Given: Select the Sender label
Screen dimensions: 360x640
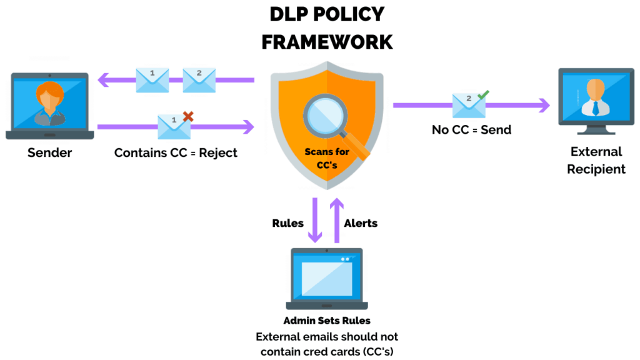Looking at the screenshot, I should [x=49, y=152].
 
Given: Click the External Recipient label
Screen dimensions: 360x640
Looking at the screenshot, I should [x=596, y=160].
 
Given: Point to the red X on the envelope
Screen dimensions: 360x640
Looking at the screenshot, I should [x=187, y=116].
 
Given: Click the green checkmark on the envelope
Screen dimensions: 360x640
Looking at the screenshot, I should [x=482, y=95].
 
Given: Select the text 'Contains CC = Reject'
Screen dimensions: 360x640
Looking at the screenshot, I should [x=176, y=152].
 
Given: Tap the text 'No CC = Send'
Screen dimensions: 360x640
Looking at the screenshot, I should [x=471, y=130].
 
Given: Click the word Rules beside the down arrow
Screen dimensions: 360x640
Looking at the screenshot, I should [x=287, y=223].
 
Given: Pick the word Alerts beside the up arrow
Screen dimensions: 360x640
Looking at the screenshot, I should [x=361, y=223].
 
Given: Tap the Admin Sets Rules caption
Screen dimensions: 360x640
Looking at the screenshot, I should [x=326, y=321].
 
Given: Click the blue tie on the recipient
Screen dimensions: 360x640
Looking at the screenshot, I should [x=596, y=107].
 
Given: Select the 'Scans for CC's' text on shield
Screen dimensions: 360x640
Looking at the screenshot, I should [x=327, y=157].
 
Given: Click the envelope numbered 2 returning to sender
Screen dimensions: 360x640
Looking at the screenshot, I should [x=199, y=80].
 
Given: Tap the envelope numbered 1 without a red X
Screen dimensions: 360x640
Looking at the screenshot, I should [x=152, y=80].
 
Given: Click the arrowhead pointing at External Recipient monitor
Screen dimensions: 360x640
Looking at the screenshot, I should [x=544, y=105].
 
